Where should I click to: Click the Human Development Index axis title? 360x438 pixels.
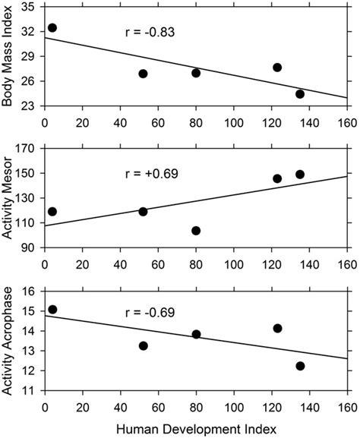(196, 430)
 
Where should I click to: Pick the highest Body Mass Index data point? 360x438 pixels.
(52, 28)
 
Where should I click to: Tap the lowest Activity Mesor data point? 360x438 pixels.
(196, 231)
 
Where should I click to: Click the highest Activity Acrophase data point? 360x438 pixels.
(52, 310)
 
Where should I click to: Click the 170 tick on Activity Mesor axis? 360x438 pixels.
(28, 149)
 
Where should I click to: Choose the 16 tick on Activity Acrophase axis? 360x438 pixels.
(31, 291)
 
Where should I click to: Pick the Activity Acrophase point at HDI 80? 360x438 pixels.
(196, 334)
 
